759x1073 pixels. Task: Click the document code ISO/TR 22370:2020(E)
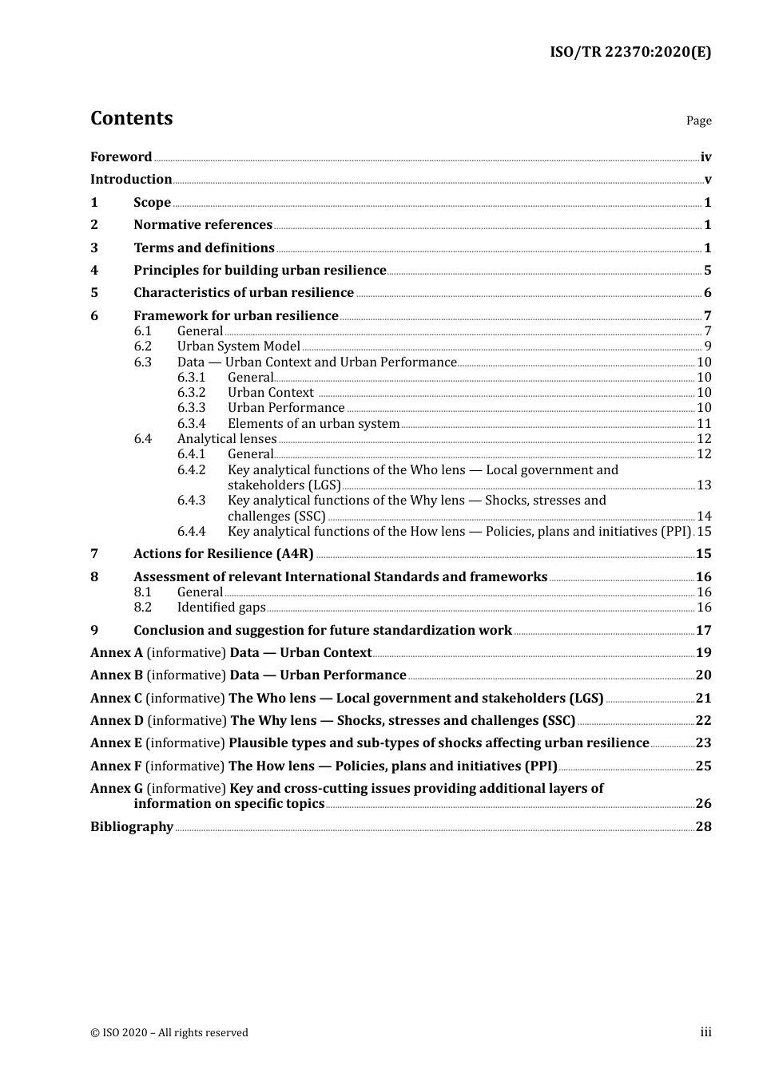(630, 53)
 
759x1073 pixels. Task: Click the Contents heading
(131, 118)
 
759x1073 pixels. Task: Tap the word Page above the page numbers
(698, 121)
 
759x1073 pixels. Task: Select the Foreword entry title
(121, 157)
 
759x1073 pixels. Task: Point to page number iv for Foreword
(705, 157)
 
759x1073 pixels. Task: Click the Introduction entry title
(131, 180)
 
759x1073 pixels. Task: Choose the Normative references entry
(203, 225)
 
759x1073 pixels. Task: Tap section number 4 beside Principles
(94, 271)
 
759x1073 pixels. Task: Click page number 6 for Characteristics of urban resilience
(707, 293)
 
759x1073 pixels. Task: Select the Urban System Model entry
(238, 346)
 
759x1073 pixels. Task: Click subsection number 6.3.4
(191, 424)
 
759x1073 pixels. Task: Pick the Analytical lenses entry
(226, 439)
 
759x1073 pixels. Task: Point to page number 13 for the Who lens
(704, 485)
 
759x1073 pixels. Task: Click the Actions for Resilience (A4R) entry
(223, 554)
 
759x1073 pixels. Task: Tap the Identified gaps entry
(221, 608)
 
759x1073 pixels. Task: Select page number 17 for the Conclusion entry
(703, 631)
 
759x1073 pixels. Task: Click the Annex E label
(116, 743)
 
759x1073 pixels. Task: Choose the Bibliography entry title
(132, 827)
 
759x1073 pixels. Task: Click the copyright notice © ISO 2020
(169, 1033)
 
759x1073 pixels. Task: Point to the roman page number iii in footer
(705, 1032)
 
